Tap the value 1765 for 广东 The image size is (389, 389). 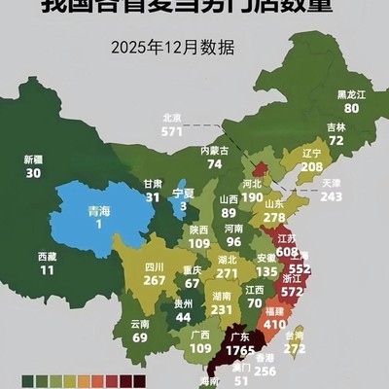click(x=234, y=348)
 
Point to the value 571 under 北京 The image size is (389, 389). click(x=172, y=131)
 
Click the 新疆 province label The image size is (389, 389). click(x=34, y=159)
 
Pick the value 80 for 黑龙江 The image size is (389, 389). click(x=351, y=109)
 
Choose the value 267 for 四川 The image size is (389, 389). click(x=155, y=280)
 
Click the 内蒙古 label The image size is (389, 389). click(x=215, y=151)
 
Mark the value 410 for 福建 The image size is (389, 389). click(x=275, y=324)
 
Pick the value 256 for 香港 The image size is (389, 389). click(x=265, y=371)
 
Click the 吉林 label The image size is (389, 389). click(x=336, y=127)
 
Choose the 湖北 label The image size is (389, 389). click(x=227, y=260)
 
